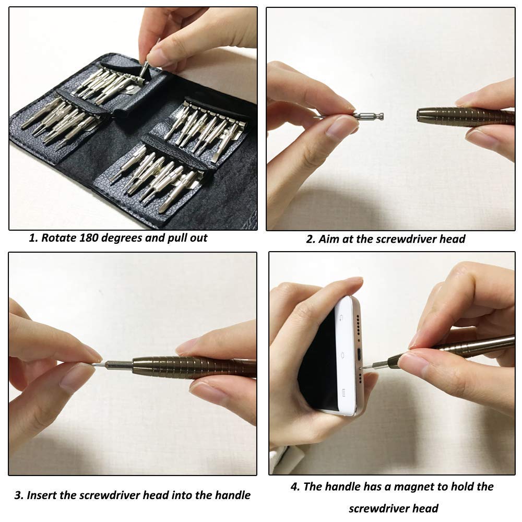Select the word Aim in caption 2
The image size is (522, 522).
pos(328,239)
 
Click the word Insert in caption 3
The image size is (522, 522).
pos(44,495)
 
